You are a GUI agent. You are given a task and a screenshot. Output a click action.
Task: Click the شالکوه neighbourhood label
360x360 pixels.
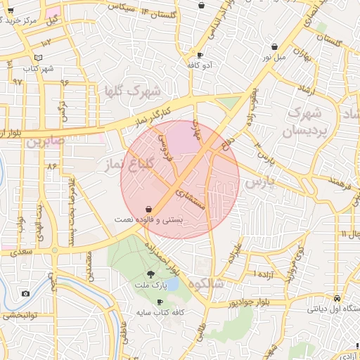(x=205, y=283)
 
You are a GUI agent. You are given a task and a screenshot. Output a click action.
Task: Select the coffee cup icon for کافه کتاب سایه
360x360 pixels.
(x=160, y=302)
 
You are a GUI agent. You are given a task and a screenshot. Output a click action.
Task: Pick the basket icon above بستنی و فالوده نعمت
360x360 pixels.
(x=148, y=210)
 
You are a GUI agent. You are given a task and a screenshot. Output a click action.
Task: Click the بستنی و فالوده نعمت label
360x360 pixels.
(x=148, y=220)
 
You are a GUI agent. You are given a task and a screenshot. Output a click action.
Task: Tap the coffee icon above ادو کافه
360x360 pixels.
(x=200, y=55)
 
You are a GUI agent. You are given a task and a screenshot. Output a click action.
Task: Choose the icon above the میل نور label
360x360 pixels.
(x=274, y=47)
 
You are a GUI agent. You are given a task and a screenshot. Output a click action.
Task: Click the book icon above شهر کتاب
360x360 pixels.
(x=38, y=58)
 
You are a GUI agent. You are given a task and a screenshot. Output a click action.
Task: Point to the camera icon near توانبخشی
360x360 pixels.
(x=26, y=293)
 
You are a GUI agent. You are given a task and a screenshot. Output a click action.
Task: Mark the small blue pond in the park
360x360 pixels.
(x=171, y=283)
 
